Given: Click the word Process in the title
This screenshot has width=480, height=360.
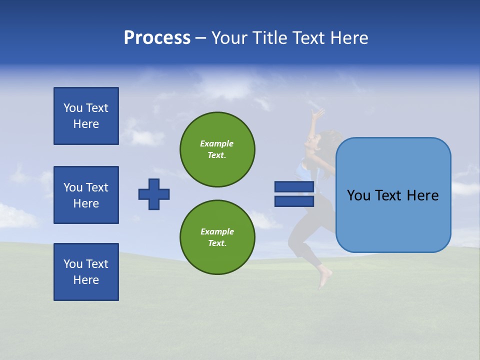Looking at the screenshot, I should [157, 38].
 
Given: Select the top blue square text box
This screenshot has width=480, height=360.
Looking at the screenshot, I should [86, 116].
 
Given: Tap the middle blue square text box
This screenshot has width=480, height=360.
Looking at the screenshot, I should [86, 195].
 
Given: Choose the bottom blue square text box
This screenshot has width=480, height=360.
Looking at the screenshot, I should [86, 272].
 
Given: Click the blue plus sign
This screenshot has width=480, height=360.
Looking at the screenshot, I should [154, 194].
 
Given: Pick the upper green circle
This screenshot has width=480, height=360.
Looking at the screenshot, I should [217, 149].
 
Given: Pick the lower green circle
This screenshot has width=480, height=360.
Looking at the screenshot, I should [217, 237].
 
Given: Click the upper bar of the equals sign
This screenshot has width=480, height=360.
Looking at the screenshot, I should [294, 186].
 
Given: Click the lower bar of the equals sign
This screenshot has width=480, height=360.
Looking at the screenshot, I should [294, 201].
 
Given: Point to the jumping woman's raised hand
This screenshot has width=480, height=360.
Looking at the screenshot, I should [316, 113].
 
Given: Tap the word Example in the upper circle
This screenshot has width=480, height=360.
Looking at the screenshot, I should [216, 143].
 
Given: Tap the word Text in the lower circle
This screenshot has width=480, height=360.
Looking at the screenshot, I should [216, 243].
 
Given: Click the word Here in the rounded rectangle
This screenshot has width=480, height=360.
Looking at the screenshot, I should [422, 195].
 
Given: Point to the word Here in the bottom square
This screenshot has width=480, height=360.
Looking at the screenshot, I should [86, 280].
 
